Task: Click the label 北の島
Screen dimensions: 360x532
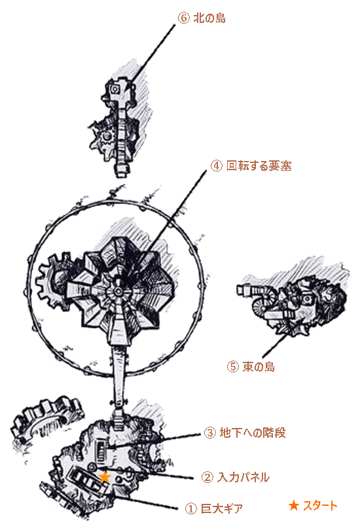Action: tap(209, 18)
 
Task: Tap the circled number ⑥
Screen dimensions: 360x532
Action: tap(183, 18)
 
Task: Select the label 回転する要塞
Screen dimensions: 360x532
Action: tap(259, 166)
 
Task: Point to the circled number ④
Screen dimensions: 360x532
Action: tap(216, 166)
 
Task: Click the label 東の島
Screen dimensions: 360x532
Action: tap(259, 366)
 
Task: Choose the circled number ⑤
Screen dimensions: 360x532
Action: tap(232, 366)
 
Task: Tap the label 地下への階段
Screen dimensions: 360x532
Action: tap(253, 433)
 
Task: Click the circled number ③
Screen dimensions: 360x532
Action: tap(209, 433)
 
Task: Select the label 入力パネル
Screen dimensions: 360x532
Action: tap(243, 478)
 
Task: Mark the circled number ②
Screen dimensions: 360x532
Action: tap(207, 478)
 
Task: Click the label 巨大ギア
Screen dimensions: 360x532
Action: tap(222, 508)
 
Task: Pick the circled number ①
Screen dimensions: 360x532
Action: tap(191, 508)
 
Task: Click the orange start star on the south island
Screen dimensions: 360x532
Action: tap(105, 476)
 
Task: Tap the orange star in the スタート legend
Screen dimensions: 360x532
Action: tap(293, 506)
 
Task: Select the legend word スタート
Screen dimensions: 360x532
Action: tap(320, 506)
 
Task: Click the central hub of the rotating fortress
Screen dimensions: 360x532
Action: tap(117, 291)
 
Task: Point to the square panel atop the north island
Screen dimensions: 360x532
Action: tap(115, 89)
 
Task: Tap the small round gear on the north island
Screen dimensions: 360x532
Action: tap(107, 137)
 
